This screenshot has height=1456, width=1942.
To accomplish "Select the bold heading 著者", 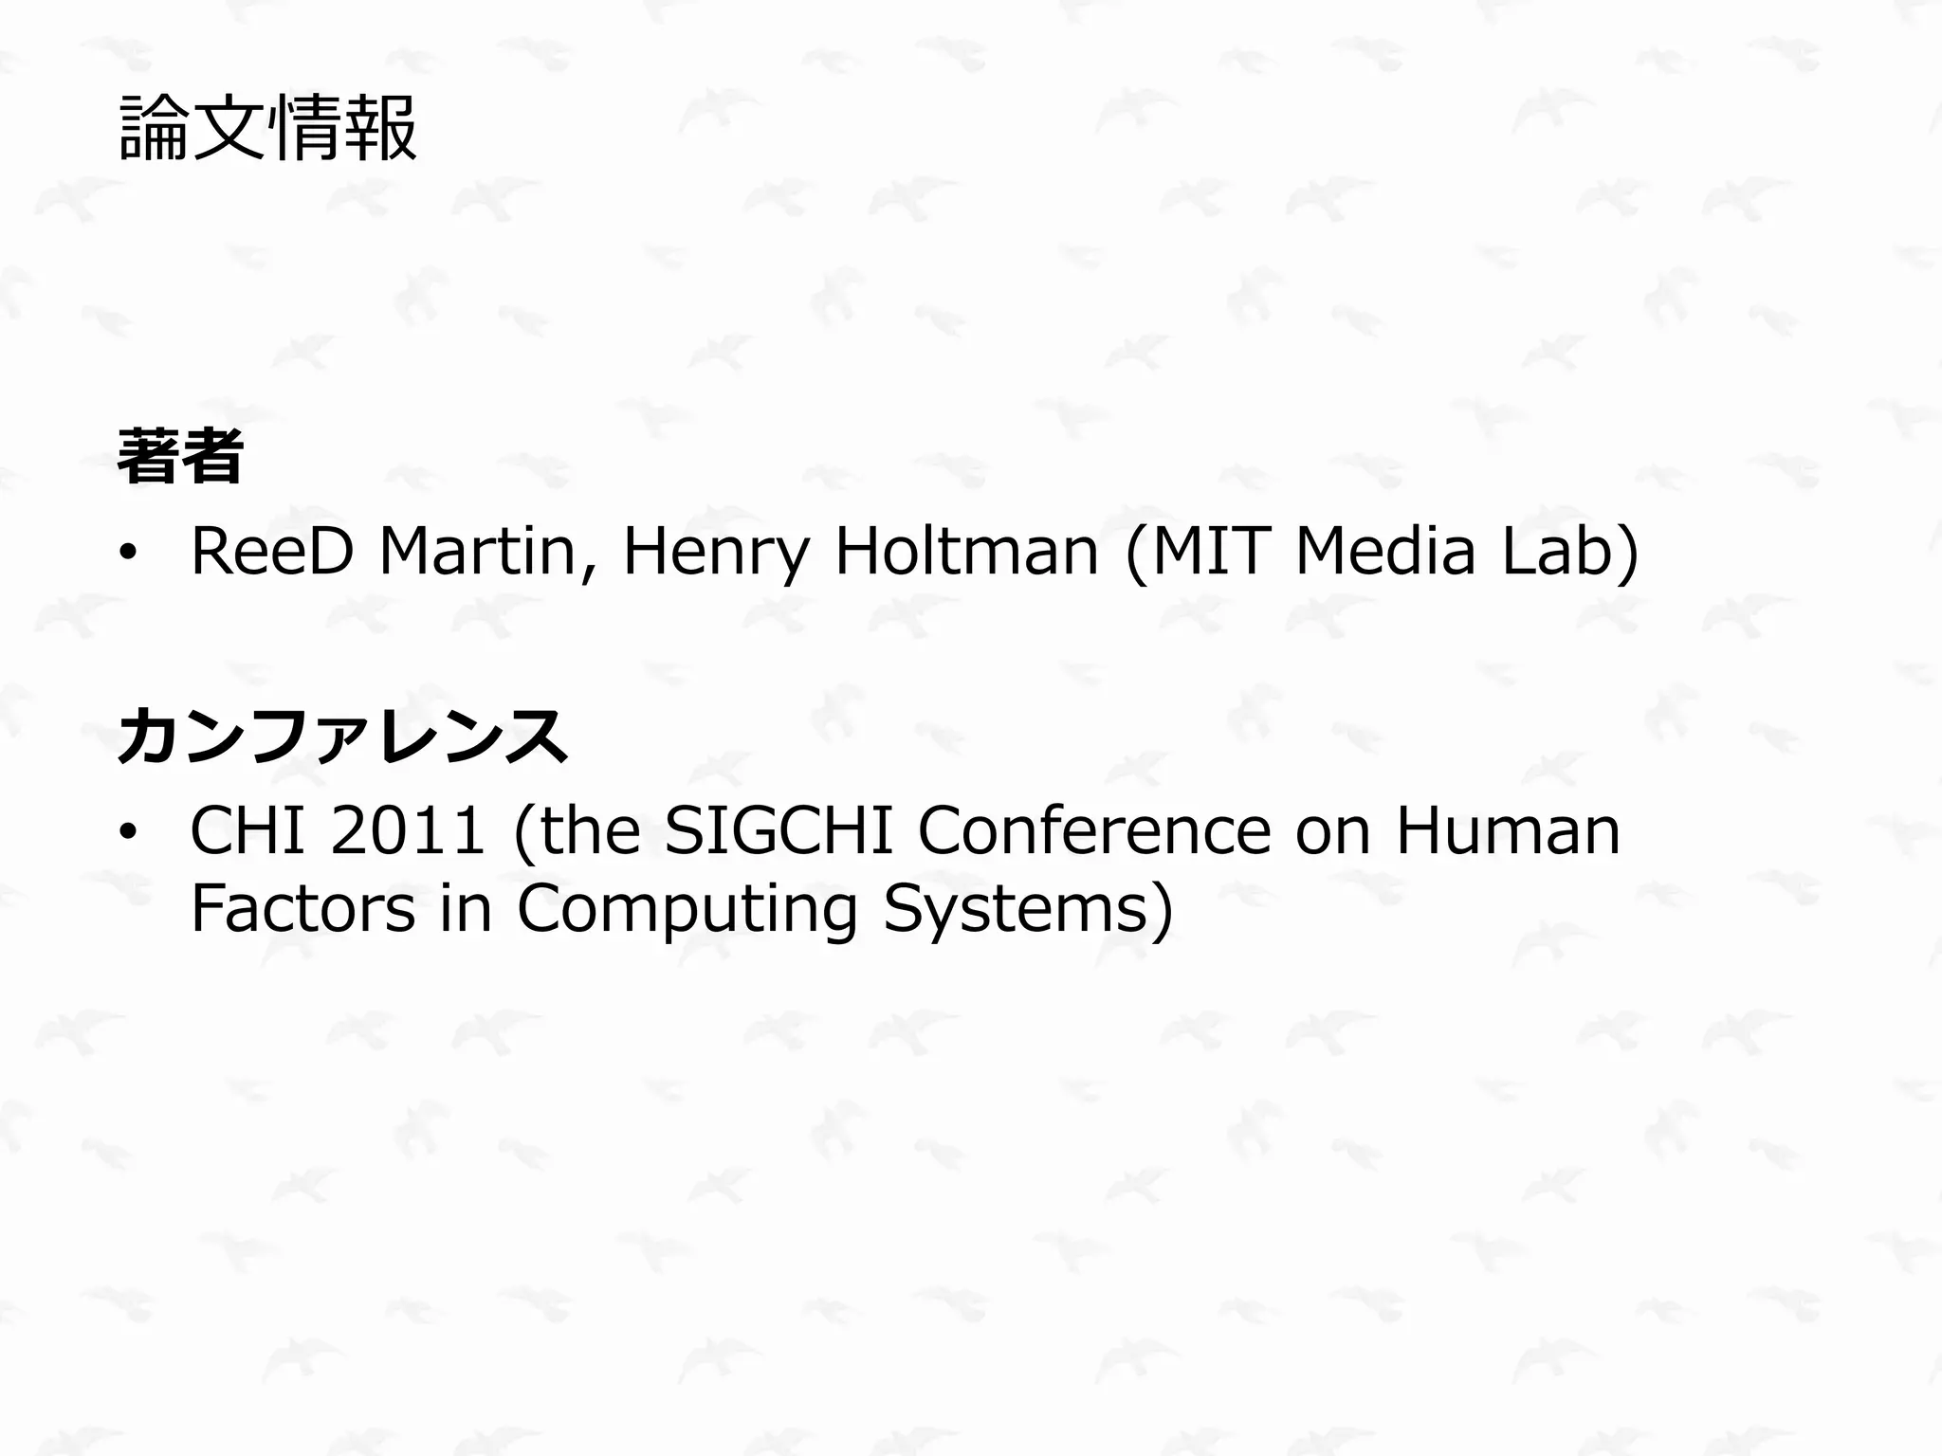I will point(180,456).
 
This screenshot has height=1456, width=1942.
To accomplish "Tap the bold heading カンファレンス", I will point(342,736).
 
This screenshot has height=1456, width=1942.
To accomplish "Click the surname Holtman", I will point(965,552).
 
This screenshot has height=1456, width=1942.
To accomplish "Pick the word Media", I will point(1385,552).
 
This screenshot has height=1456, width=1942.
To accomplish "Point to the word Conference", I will point(1094,831).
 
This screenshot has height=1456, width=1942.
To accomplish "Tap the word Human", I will point(1508,831).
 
